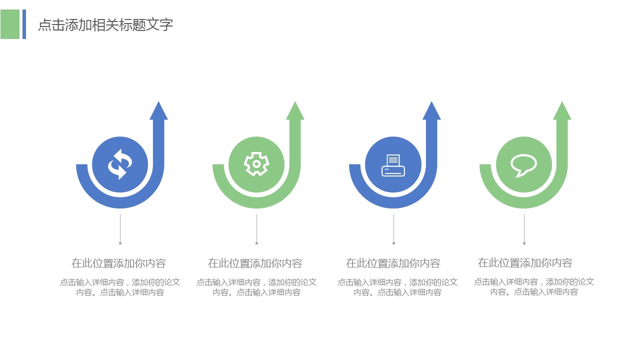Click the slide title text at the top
click(x=105, y=25)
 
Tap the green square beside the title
click(x=10, y=24)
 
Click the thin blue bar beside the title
click(x=24, y=24)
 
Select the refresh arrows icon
click(x=120, y=164)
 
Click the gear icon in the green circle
click(x=256, y=164)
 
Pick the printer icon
click(x=393, y=165)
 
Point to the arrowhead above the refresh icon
click(x=158, y=111)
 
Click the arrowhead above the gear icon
click(x=295, y=111)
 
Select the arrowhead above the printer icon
click(x=431, y=111)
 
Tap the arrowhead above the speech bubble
click(x=562, y=111)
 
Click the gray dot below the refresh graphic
click(x=120, y=243)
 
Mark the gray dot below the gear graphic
click(x=257, y=243)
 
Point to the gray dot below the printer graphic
click(x=393, y=243)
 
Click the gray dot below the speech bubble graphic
click(x=524, y=243)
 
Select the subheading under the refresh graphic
click(x=118, y=263)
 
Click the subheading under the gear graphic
click(x=255, y=263)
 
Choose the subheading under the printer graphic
click(x=393, y=263)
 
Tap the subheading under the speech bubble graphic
click(x=525, y=262)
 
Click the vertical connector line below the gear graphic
click(x=256, y=228)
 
